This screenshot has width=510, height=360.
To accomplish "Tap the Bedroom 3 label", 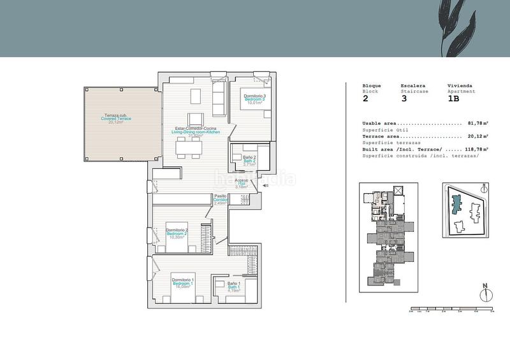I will [255, 99].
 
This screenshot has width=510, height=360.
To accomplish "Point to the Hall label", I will [242, 184].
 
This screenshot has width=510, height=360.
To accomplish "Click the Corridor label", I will [221, 199].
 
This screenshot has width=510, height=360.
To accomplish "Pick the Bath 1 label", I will [233, 286].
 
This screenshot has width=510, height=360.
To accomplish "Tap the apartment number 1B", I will [453, 99].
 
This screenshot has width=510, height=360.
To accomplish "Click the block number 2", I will [365, 99].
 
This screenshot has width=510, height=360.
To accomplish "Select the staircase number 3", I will [404, 99].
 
